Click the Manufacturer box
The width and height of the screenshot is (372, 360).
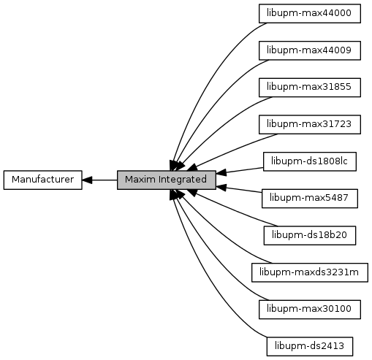click(43, 180)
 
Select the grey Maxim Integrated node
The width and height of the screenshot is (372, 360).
click(167, 180)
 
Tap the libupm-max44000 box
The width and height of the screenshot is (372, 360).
click(310, 13)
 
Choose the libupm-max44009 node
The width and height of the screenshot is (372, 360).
click(310, 50)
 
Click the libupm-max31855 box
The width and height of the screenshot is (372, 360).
click(310, 88)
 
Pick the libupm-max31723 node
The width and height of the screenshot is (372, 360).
click(310, 124)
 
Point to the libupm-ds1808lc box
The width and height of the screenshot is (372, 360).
click(310, 161)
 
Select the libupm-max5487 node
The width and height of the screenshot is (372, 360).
click(310, 199)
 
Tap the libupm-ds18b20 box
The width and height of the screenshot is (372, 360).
click(310, 235)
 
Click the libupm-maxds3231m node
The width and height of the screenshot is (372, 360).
click(310, 272)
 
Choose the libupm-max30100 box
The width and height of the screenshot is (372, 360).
click(310, 310)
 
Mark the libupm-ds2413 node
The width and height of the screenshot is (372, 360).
click(310, 346)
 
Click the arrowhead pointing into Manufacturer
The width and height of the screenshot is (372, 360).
click(87, 180)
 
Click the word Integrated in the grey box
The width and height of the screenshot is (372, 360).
click(183, 180)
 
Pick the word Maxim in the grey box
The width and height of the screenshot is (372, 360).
click(140, 180)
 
